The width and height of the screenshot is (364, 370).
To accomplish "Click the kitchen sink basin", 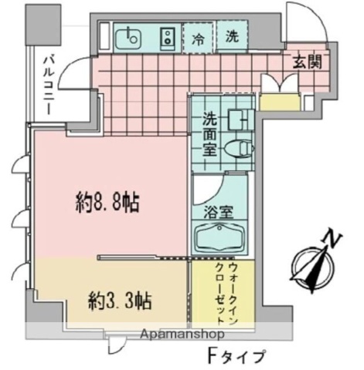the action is pyautogui.click(x=128, y=39).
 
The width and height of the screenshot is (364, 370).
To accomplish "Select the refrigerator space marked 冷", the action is pyautogui.click(x=198, y=38).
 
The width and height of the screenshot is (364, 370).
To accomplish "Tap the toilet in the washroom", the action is pyautogui.click(x=239, y=149).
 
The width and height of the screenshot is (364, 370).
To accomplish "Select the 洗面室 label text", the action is pyautogui.click(x=209, y=134).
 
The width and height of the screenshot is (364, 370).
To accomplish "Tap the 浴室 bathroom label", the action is pyautogui.click(x=219, y=213).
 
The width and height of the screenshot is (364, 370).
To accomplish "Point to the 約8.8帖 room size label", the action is pyautogui.click(x=107, y=203).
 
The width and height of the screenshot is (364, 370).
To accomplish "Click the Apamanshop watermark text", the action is pyautogui.click(x=182, y=334).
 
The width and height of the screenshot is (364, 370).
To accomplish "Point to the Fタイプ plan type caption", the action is pyautogui.click(x=235, y=356).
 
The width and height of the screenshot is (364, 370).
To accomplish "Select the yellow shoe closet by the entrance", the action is pyautogui.click(x=280, y=102).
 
